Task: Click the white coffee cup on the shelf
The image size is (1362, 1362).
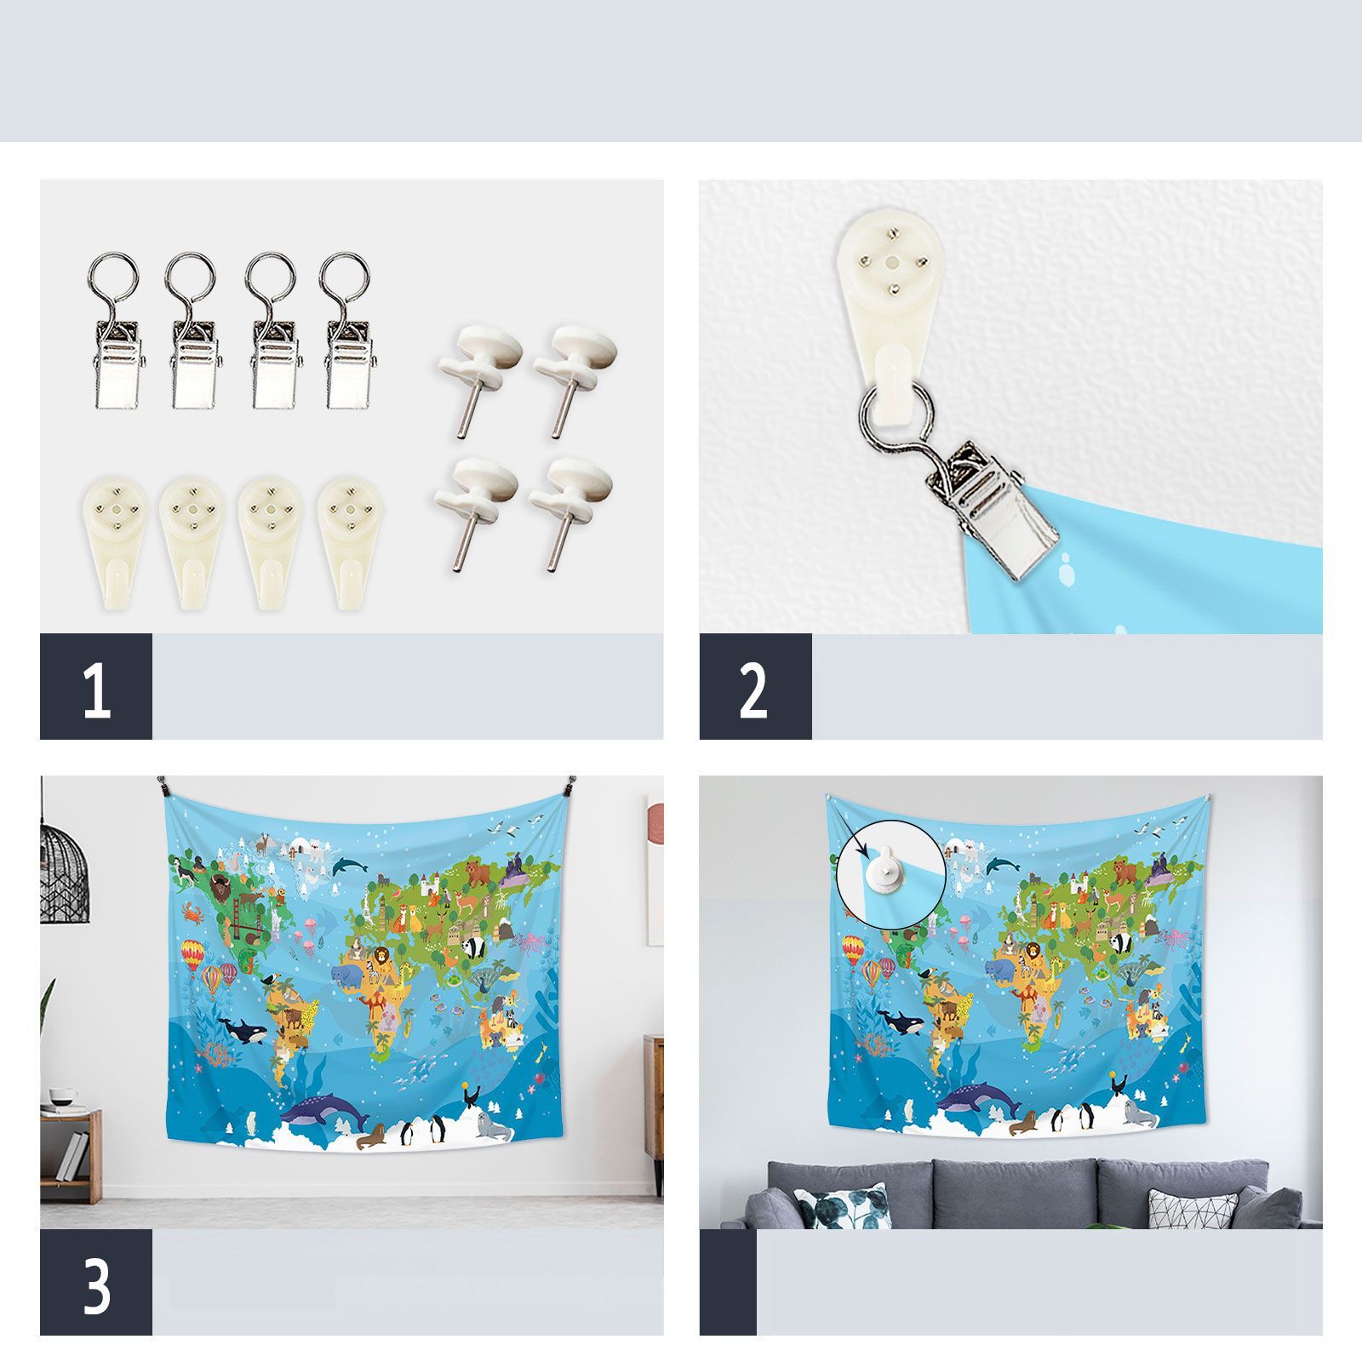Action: coord(61,1095)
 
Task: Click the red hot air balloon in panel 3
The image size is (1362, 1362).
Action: coord(192,954)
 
